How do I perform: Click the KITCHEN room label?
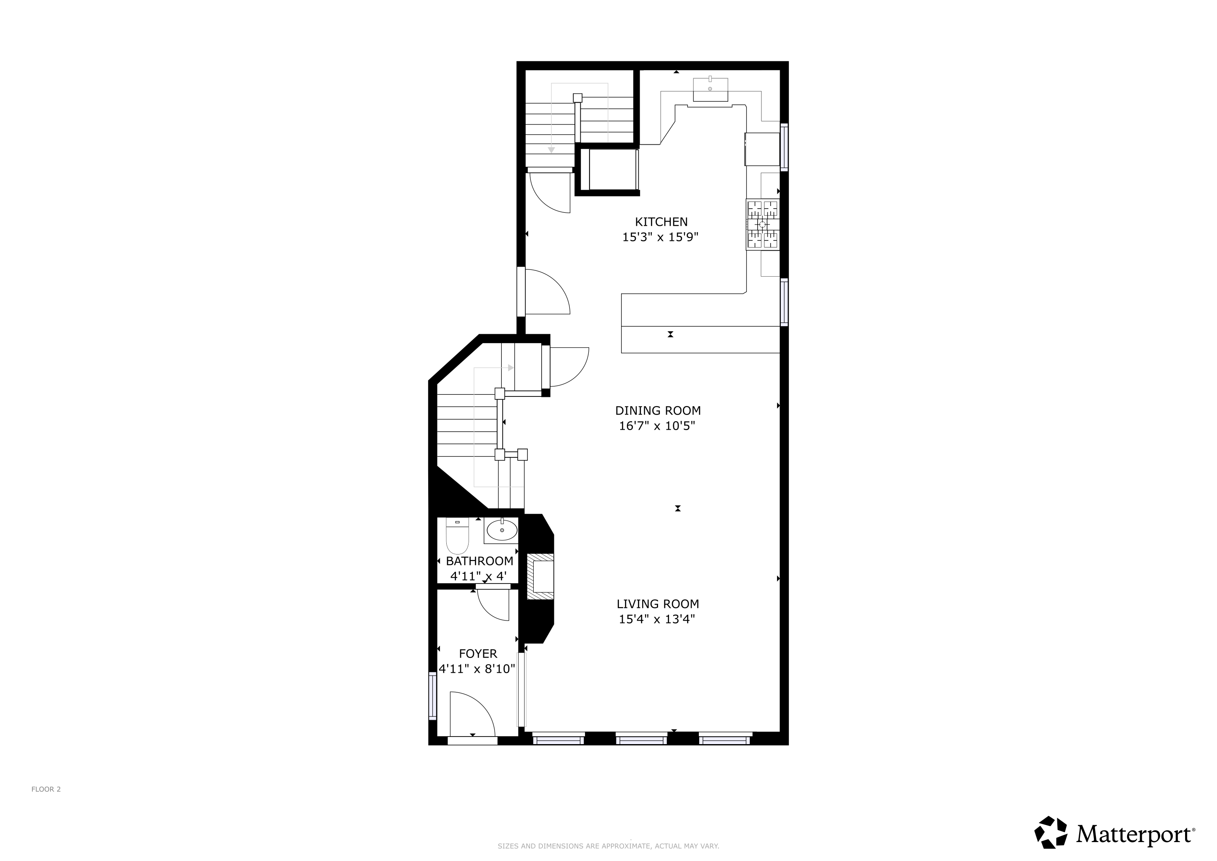point(661,222)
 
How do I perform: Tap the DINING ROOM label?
point(658,410)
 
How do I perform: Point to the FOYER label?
point(478,654)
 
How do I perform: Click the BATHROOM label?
point(479,561)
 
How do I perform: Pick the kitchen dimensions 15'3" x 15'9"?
point(661,237)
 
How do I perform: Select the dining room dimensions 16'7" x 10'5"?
point(657,426)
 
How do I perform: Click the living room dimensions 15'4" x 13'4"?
point(657,619)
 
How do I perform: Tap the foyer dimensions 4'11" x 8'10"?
point(477,669)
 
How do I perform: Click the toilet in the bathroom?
point(458,536)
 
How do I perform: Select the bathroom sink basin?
point(502,530)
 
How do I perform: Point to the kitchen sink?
point(710,90)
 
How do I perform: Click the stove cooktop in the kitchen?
point(763,224)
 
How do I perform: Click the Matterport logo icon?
point(1051,832)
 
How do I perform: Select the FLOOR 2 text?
point(46,790)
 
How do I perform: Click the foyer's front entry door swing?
point(472,713)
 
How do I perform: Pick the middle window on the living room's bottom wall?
point(641,739)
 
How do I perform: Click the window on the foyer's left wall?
point(432,696)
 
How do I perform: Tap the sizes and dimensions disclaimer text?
point(608,846)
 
